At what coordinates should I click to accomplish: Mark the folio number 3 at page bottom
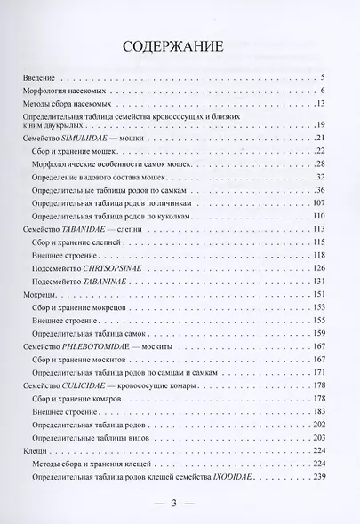pos(175,504)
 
